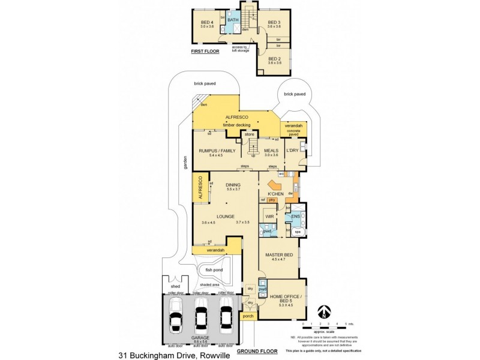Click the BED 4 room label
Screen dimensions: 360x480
tap(208, 23)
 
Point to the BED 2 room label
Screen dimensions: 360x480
tap(274, 59)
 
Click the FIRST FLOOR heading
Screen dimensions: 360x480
tap(205, 52)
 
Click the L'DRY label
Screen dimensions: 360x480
tap(292, 151)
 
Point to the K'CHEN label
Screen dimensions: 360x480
tap(275, 194)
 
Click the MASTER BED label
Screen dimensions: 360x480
tap(280, 255)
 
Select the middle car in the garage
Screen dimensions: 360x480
tap(200, 316)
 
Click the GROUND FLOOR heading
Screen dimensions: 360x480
tap(256, 350)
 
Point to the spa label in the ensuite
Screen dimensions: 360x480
tap(297, 231)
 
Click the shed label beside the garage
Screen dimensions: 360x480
tap(175, 287)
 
